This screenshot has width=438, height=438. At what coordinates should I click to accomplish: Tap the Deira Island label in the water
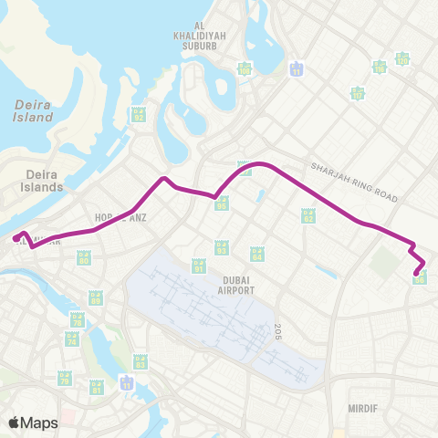pos(33,110)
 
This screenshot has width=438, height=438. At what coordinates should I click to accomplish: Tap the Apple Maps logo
pos(33,422)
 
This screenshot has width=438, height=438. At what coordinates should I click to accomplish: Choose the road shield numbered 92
pos(139,115)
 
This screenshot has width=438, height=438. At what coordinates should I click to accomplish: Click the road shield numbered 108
pos(245,68)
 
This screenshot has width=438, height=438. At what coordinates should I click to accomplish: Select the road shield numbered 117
pos(358,93)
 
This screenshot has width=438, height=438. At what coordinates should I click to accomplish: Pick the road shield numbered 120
pos(402,59)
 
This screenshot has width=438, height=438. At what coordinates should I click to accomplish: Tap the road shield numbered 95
pos(222,203)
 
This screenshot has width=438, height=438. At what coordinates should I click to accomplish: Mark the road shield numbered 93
pos(221,247)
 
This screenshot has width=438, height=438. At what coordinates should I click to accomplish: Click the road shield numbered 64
pos(256,254)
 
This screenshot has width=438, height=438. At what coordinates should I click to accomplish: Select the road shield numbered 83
pos(140,362)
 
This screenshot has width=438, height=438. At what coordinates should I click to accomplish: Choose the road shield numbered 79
pos(65,377)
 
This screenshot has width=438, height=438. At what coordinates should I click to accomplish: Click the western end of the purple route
pos(16,239)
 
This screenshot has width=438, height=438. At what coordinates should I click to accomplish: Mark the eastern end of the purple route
pos(417,272)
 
